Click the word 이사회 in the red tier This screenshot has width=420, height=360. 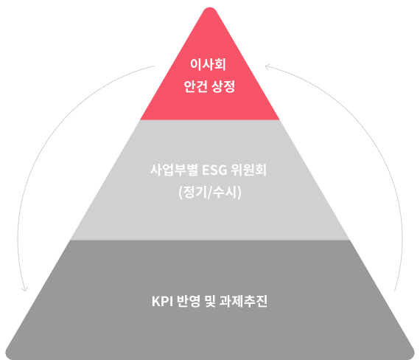[x=208, y=64]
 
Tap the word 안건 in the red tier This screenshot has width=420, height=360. [x=195, y=86]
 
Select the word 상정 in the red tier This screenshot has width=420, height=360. [x=223, y=86]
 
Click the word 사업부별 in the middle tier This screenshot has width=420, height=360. [x=174, y=170]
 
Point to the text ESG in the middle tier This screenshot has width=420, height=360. [x=214, y=170]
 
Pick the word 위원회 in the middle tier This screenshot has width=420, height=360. [x=249, y=170]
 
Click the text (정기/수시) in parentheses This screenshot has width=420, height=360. [x=210, y=192]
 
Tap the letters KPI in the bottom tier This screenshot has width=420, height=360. [x=162, y=301]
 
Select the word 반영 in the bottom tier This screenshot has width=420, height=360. [x=189, y=301]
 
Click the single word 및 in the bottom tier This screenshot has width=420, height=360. [x=210, y=301]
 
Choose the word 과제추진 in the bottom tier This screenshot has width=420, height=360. [x=243, y=301]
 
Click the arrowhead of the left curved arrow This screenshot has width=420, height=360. [x=24, y=290]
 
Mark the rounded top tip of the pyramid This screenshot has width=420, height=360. [x=210, y=8]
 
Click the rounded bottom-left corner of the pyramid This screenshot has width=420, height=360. [x=7, y=355]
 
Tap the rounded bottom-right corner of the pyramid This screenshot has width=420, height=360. [x=412, y=355]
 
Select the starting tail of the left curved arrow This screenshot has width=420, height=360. [x=154, y=66]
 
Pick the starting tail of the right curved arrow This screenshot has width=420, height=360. [x=395, y=290]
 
